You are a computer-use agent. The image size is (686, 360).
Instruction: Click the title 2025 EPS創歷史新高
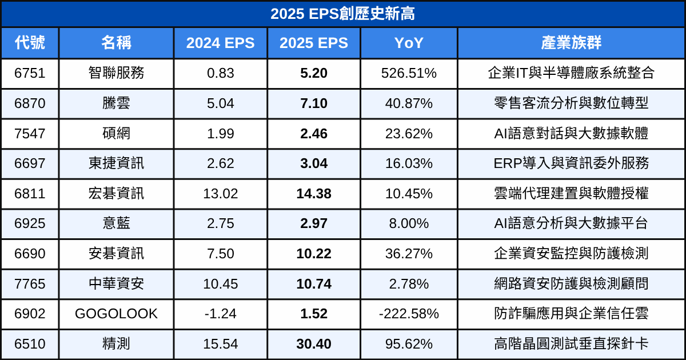pyautogui.click(x=343, y=14)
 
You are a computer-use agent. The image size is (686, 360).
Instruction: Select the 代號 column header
pyautogui.click(x=30, y=43)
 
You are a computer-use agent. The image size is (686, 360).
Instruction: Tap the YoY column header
pyautogui.click(x=409, y=43)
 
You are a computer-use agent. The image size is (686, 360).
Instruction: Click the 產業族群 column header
pyautogui.click(x=571, y=43)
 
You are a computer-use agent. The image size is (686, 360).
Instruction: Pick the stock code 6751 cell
pyautogui.click(x=30, y=73)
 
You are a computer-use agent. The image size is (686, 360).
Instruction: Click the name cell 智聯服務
pyautogui.click(x=116, y=73)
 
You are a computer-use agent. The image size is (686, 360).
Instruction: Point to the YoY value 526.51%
pyautogui.click(x=409, y=73)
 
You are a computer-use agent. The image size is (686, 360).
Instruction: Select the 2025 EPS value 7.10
pyautogui.click(x=313, y=103)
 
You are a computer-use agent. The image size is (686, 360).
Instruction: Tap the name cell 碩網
pyautogui.click(x=116, y=134)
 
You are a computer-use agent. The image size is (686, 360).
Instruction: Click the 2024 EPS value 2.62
pyautogui.click(x=221, y=163)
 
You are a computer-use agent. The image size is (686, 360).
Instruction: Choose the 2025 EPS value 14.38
pyautogui.click(x=313, y=194)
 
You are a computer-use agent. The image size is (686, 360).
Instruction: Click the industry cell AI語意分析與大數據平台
pyautogui.click(x=571, y=223)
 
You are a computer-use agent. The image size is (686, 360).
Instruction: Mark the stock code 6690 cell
pyautogui.click(x=30, y=254)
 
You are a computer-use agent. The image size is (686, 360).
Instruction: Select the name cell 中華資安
pyautogui.click(x=116, y=284)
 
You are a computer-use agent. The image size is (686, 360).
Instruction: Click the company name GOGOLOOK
pyautogui.click(x=116, y=314)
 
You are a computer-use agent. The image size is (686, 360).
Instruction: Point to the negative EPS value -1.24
pyautogui.click(x=221, y=314)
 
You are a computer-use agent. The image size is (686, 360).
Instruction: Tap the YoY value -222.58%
pyautogui.click(x=409, y=314)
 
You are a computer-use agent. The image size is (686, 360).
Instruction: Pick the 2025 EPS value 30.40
pyautogui.click(x=313, y=344)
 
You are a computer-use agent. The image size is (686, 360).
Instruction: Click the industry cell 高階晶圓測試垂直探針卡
pyautogui.click(x=571, y=344)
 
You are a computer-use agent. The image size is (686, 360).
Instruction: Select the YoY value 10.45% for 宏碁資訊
pyautogui.click(x=409, y=194)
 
